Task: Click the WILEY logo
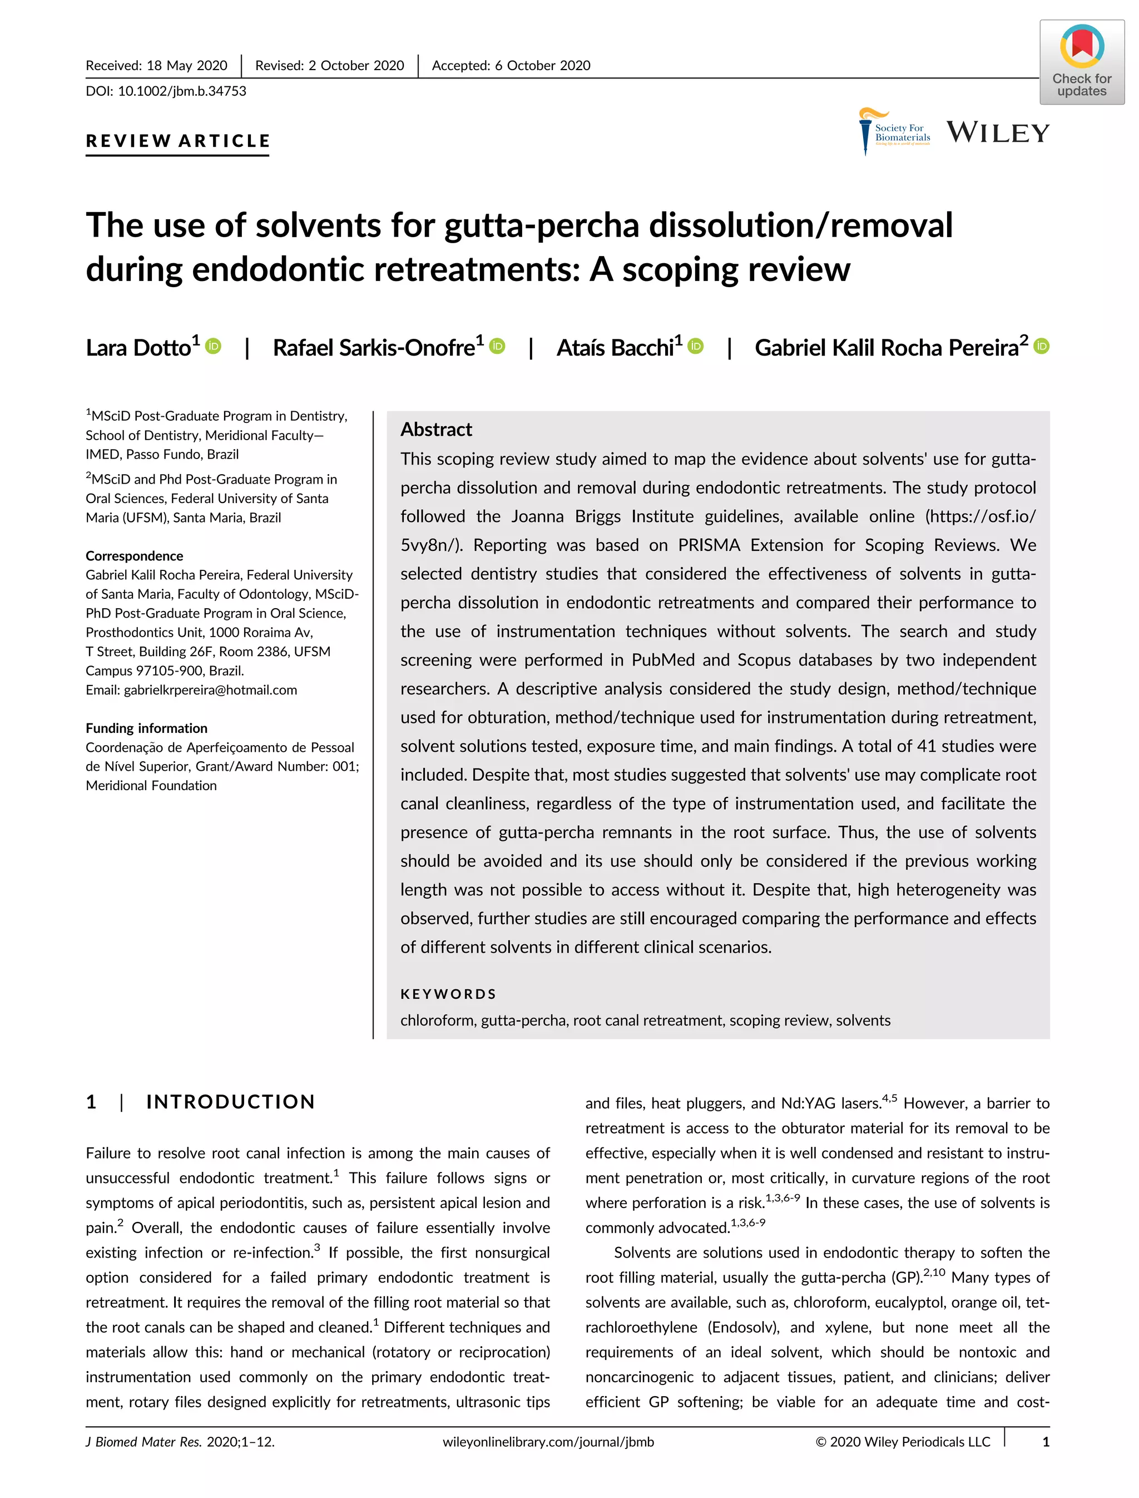tap(997, 132)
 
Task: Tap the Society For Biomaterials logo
tap(894, 132)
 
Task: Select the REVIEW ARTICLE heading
tap(177, 141)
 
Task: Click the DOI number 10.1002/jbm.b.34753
tap(182, 91)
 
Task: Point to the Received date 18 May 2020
tap(186, 65)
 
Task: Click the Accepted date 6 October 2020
tap(542, 65)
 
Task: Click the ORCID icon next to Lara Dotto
tap(214, 346)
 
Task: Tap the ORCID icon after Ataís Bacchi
tap(696, 346)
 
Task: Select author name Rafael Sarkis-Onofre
tap(374, 348)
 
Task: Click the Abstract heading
tap(436, 430)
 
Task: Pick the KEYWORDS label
tap(448, 994)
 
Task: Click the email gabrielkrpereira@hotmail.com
tap(210, 690)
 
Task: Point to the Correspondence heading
tap(134, 556)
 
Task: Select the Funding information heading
tap(146, 728)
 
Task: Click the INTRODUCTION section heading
tap(230, 1102)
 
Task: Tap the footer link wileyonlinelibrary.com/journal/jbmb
tap(548, 1442)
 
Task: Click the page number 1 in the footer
tap(1046, 1442)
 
